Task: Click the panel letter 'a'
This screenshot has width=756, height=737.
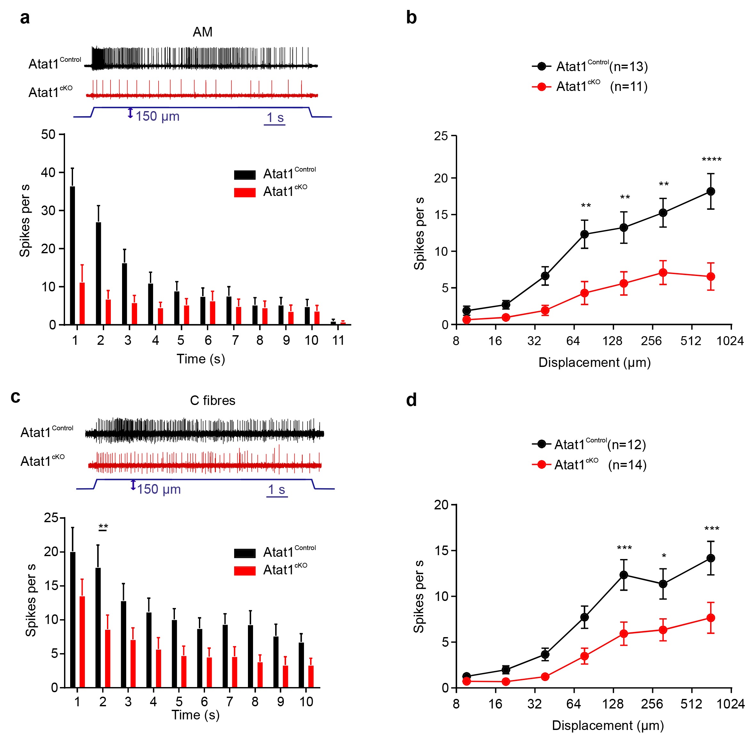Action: point(25,18)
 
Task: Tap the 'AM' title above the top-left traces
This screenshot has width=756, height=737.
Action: point(202,32)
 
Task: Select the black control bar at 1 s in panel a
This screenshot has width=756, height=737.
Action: point(72,255)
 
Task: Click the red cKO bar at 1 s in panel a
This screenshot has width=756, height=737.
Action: point(82,304)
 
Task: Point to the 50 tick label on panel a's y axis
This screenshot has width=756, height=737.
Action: point(48,135)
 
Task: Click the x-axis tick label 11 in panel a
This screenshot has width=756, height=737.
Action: point(338,341)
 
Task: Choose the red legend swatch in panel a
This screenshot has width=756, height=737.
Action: point(245,192)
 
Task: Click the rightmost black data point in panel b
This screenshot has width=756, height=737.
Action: point(711,191)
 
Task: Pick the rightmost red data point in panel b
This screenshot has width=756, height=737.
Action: point(711,277)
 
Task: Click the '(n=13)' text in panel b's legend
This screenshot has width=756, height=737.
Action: point(629,67)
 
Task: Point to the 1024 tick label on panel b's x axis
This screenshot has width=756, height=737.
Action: point(730,341)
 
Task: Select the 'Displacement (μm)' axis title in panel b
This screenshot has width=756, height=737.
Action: point(595,363)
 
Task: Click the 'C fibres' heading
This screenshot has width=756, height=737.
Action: point(213,400)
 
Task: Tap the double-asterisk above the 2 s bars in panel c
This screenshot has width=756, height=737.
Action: point(103,526)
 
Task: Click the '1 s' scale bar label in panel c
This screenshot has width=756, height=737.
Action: point(276,490)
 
